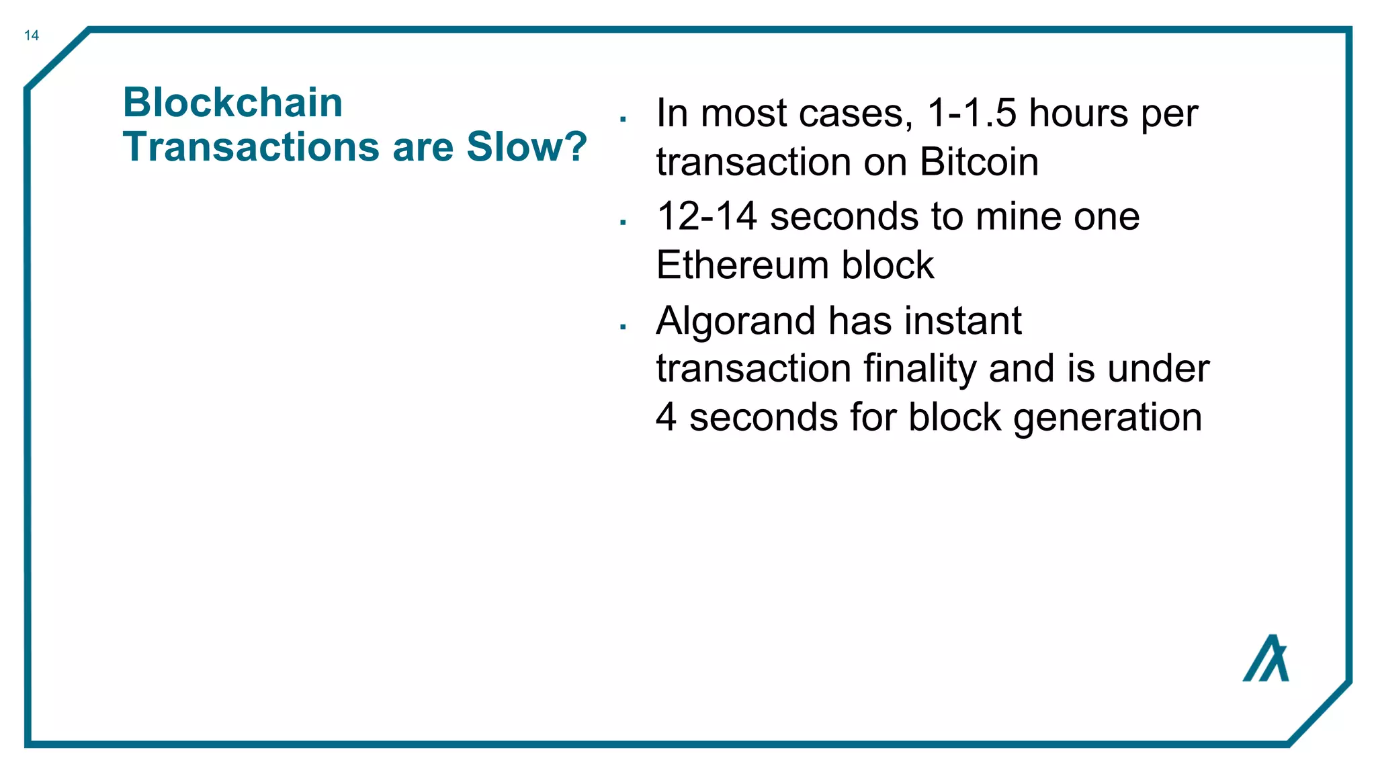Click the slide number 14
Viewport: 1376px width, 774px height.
(x=32, y=36)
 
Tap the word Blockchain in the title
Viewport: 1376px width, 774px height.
(x=232, y=103)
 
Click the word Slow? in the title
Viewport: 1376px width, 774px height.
(x=527, y=146)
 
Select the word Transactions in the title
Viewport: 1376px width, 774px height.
(x=253, y=146)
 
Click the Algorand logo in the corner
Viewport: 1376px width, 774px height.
(x=1266, y=658)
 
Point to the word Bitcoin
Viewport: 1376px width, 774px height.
(x=979, y=162)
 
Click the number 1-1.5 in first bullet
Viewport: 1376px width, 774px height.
(x=972, y=113)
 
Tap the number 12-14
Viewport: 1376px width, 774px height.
(x=707, y=216)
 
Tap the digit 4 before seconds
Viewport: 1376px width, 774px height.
(x=666, y=417)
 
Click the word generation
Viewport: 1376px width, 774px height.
(x=1107, y=418)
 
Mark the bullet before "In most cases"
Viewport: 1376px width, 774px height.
(x=623, y=120)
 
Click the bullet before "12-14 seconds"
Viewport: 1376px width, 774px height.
(x=623, y=222)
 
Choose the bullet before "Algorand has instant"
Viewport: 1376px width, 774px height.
(x=623, y=327)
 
